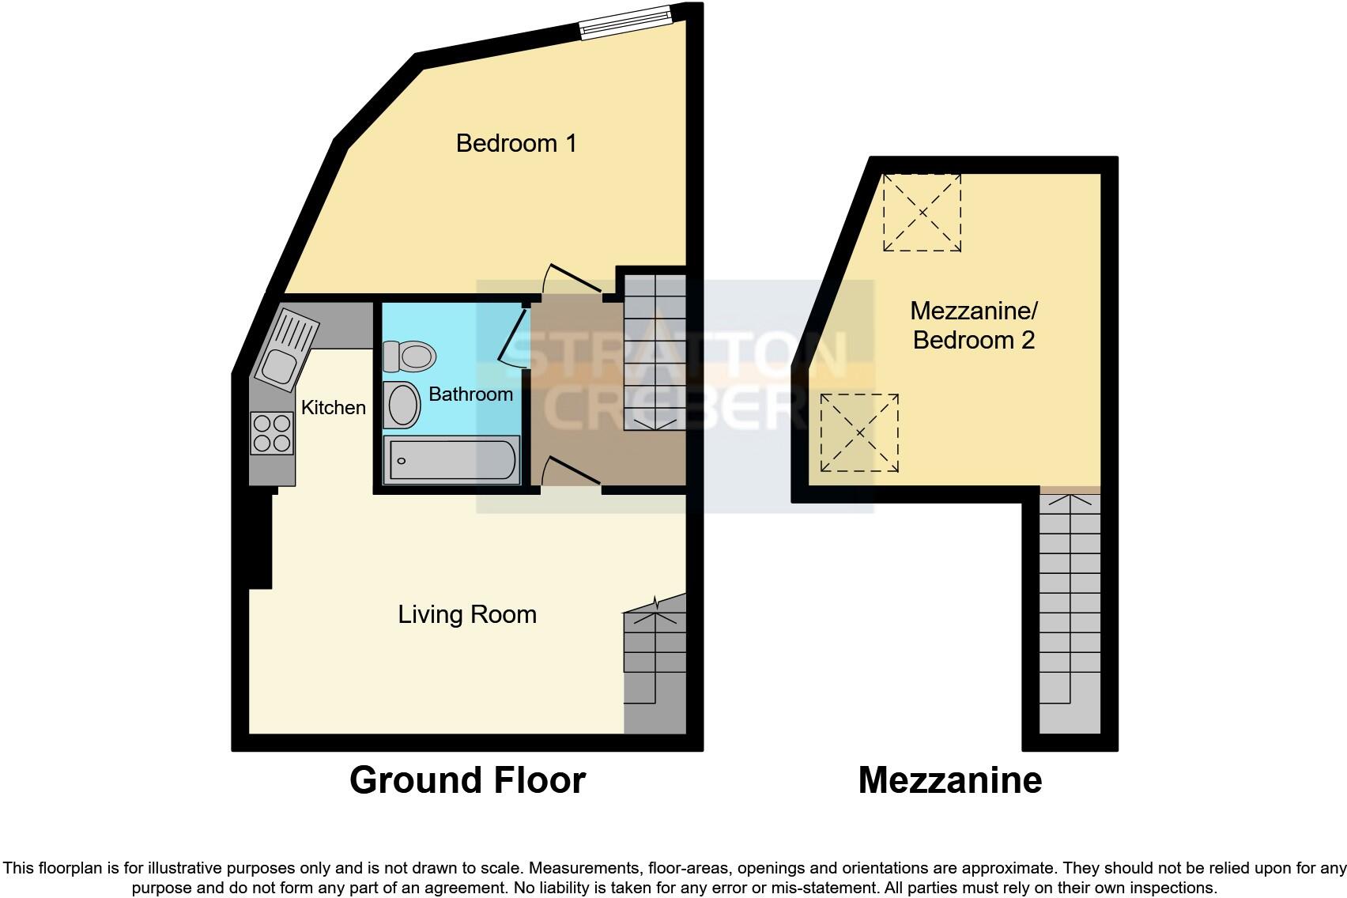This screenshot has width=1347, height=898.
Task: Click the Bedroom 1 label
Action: coord(516,143)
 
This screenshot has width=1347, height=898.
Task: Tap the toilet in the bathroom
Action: coord(409,356)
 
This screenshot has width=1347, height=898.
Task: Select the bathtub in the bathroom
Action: coord(452,459)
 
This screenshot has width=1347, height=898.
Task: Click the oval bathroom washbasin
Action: coord(402,406)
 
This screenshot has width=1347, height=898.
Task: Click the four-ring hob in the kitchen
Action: coord(271,433)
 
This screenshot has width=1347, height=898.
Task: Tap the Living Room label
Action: coord(467,614)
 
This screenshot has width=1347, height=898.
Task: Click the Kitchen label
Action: coord(334,407)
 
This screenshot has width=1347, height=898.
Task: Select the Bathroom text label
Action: coord(470,394)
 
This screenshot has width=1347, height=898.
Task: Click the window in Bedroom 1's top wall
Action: coord(624,21)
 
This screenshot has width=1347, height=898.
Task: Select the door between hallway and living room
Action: coord(572,472)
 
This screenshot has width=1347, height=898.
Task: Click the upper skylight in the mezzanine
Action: coord(922,213)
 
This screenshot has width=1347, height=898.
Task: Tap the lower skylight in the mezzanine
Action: coord(859,432)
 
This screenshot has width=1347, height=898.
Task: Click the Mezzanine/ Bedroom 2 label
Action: coord(973,325)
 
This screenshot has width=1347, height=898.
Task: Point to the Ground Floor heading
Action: coord(467,780)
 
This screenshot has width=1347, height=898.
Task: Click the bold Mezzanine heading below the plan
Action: coord(949,780)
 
